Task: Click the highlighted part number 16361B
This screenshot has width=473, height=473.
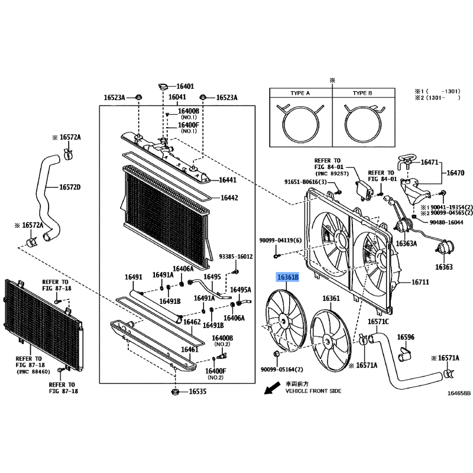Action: (x=288, y=277)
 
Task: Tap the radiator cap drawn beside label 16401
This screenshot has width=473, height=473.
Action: (x=163, y=87)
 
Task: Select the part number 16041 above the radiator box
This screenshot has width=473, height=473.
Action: (x=177, y=97)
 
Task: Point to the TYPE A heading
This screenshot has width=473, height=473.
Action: (x=300, y=93)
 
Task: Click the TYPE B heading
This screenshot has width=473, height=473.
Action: (x=362, y=93)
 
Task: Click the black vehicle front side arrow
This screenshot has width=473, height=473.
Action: (x=272, y=388)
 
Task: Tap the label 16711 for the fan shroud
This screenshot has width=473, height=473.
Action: (x=420, y=283)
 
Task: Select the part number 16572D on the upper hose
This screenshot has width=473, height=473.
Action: (x=70, y=187)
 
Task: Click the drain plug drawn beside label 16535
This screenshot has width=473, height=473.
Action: (x=175, y=392)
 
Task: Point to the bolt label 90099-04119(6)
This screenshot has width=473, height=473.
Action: (x=280, y=241)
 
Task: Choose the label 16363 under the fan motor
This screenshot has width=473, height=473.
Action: (x=444, y=267)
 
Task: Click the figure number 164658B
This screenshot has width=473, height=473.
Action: (x=459, y=393)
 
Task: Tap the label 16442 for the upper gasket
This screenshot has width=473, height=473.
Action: (x=229, y=198)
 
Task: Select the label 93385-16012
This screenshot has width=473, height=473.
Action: (x=236, y=257)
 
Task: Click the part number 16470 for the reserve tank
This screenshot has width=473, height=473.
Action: (x=455, y=173)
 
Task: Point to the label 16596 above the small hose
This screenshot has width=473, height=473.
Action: (x=406, y=337)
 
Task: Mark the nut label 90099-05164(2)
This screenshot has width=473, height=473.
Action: (x=282, y=370)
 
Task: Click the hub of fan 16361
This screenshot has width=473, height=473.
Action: (x=327, y=341)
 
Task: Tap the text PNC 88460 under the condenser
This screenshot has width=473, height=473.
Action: (x=33, y=372)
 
